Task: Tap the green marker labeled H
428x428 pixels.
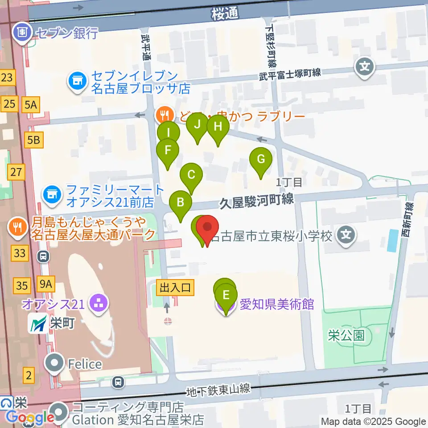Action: coord(218,127)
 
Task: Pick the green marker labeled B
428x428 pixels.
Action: coord(181,203)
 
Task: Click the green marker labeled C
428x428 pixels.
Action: coord(191,175)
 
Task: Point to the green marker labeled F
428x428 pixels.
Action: coord(168,150)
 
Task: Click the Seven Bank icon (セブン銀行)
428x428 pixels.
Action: coord(21,32)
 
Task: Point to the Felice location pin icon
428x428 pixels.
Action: coord(56,364)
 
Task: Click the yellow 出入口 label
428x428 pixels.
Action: coord(175,288)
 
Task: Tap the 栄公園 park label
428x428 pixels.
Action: coord(346,335)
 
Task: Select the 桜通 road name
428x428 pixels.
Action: coord(226,14)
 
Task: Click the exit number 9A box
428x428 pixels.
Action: coord(46,283)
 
